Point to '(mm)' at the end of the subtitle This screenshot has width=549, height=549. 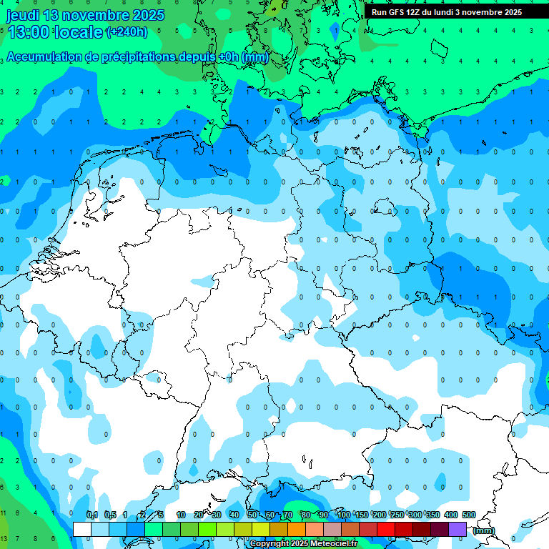pos(255,56)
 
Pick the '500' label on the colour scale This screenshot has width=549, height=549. pos(468,515)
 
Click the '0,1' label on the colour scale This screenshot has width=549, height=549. pos(91,515)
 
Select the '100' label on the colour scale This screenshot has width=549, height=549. pos(343,515)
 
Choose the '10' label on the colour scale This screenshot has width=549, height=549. pos(181,515)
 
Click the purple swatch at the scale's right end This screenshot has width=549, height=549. pos(457,529)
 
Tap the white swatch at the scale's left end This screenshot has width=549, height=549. pos(82,529)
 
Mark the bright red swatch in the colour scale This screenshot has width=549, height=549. pos(386,529)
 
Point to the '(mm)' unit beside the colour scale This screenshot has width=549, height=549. pos(484,530)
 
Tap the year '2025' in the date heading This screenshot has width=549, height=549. pos(148,15)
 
